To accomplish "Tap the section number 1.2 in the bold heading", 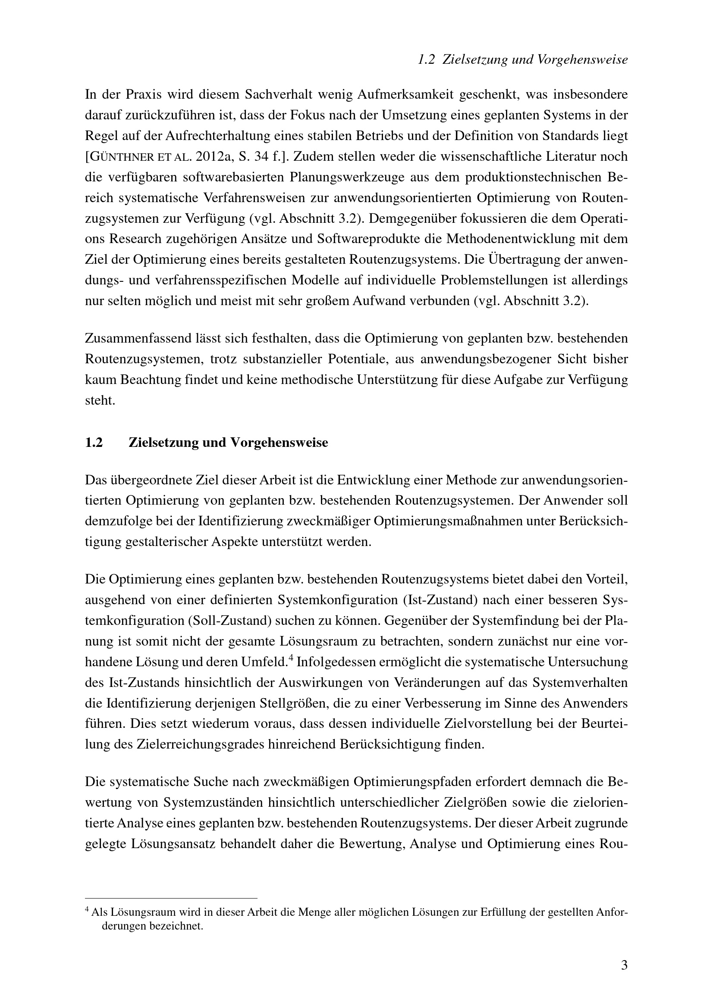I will pyautogui.click(x=94, y=443).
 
